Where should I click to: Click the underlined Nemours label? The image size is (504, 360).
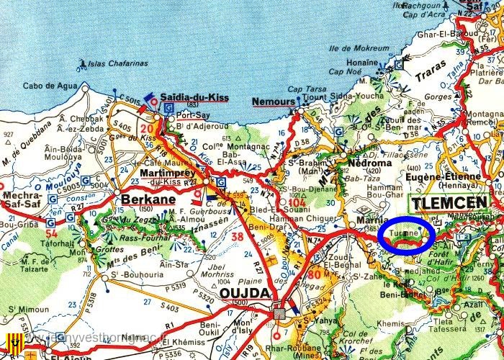[x=274, y=102]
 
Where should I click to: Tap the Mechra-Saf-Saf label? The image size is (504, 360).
[x=23, y=199]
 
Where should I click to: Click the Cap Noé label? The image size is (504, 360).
[x=343, y=71]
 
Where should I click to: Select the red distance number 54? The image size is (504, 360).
[x=51, y=233]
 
